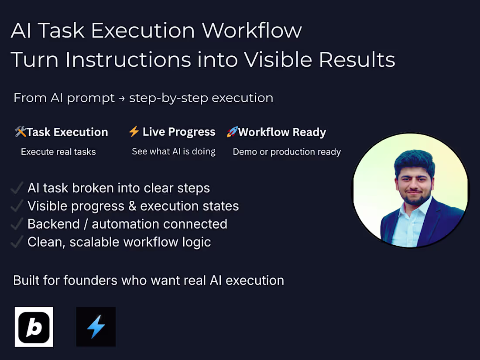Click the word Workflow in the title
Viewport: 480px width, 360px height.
point(252,31)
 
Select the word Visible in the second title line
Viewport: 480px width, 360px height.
point(278,60)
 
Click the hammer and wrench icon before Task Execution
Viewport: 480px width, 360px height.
point(20,132)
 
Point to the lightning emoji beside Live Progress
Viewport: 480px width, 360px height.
point(134,131)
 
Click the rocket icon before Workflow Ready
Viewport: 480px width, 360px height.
point(232,132)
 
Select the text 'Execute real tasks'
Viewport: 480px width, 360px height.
point(58,152)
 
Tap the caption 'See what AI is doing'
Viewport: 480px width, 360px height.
point(174,151)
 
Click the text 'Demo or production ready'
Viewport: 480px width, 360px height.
point(287,152)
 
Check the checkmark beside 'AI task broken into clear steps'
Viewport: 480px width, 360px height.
point(17,188)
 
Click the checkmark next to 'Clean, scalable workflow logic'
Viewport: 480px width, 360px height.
point(17,242)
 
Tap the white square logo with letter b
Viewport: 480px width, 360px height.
point(34,327)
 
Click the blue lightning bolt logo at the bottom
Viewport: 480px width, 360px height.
point(96,327)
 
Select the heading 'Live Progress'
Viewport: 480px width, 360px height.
point(179,132)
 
